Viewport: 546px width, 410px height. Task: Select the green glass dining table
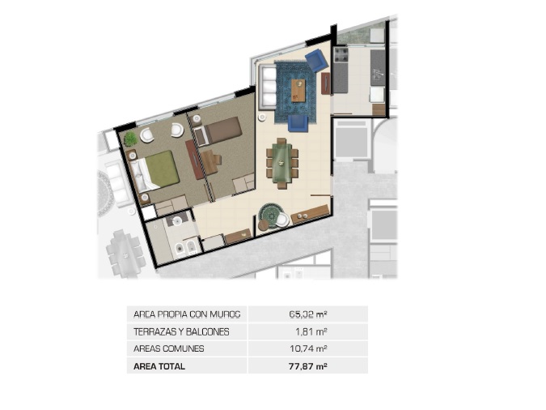282,163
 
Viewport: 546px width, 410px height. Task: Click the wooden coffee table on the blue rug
298,91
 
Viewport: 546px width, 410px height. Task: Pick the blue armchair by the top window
316,60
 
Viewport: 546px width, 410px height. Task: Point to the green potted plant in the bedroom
131,139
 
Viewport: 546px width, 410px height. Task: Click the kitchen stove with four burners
341,55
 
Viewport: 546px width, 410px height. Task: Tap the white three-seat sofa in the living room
268,86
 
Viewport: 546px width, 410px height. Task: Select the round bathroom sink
177,220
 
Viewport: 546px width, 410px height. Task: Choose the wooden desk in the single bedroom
210,161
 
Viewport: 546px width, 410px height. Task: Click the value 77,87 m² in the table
308,366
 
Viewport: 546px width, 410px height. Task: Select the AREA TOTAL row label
159,367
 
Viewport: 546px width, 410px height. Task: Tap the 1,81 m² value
311,331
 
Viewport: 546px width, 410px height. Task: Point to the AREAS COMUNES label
168,348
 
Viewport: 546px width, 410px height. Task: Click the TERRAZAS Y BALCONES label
181,332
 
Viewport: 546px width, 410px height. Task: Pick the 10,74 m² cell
308,348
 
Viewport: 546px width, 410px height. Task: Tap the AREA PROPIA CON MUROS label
187,314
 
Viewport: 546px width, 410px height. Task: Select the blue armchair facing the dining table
298,123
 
